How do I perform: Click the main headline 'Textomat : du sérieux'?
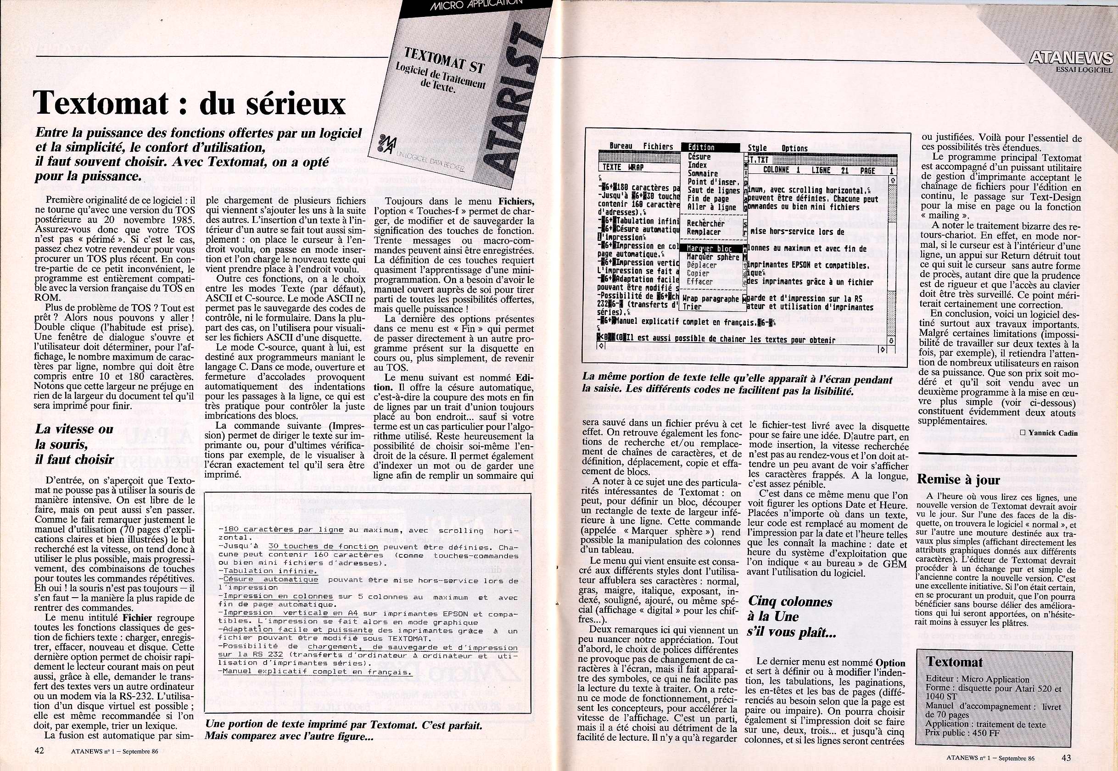tap(190, 103)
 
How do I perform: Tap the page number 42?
tap(40, 750)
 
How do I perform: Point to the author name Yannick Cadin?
tap(1052, 433)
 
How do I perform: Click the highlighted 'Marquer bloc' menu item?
tap(710, 249)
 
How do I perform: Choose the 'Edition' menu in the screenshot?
tap(701, 147)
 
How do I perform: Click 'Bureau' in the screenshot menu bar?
tap(620, 146)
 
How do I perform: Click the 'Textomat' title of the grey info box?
tap(948, 662)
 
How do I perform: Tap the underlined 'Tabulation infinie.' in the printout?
tap(268, 571)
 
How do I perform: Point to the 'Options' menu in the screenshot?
tap(794, 149)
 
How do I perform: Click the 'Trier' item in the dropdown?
tap(693, 307)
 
